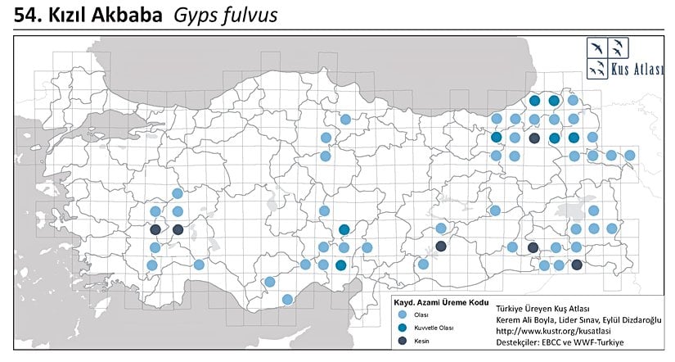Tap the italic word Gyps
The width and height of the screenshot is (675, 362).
[x=195, y=15]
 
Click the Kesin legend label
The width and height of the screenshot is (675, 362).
[x=421, y=340]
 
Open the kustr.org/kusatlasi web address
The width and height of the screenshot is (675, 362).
[x=551, y=330]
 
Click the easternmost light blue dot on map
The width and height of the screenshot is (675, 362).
[x=630, y=155]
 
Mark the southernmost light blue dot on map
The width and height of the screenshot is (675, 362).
[x=287, y=299]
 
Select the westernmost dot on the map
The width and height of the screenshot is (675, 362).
[x=151, y=265]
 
